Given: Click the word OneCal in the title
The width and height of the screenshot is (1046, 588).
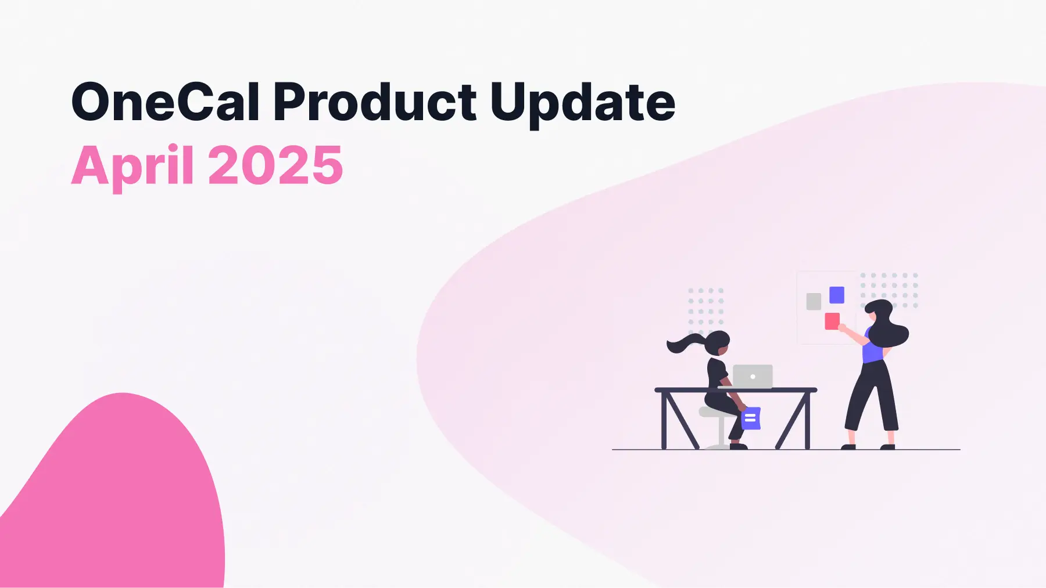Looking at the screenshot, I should coord(165,102).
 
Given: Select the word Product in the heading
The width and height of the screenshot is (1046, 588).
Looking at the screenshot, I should coord(375,102).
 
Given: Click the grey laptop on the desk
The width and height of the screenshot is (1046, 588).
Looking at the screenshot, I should coord(753,376).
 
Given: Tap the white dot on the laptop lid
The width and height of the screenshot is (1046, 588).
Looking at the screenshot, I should coord(753,377).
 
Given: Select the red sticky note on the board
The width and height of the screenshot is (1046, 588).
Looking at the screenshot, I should coord(832,321).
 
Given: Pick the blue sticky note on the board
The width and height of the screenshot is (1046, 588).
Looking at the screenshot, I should coord(837,295).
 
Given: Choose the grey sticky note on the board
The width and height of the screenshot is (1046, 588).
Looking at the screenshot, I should coord(814,301).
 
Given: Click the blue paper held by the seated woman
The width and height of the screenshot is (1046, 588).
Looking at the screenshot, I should coord(751,418).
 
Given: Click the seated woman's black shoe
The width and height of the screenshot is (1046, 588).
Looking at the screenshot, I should coord(738,446).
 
